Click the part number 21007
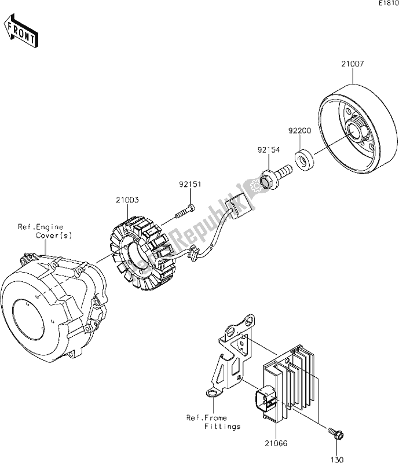click(x=353, y=64)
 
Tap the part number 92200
click(x=300, y=131)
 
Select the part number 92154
click(x=269, y=150)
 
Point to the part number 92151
click(x=190, y=184)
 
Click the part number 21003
click(x=127, y=200)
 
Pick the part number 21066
click(x=276, y=443)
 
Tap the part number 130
click(x=337, y=460)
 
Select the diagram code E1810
click(x=389, y=3)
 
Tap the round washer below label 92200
click(x=304, y=160)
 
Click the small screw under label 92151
click(x=185, y=212)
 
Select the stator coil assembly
click(x=139, y=253)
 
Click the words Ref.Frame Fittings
click(x=213, y=422)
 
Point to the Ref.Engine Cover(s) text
click(x=45, y=231)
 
